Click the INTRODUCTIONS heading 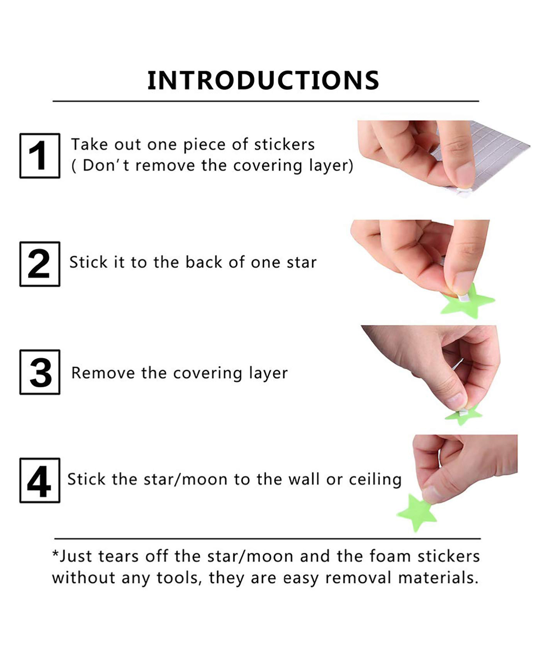pos(263,81)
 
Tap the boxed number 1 pos(39,156)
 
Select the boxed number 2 pos(39,264)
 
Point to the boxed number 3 pos(39,372)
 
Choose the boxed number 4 pos(39,480)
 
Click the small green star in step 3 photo pos(464,415)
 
